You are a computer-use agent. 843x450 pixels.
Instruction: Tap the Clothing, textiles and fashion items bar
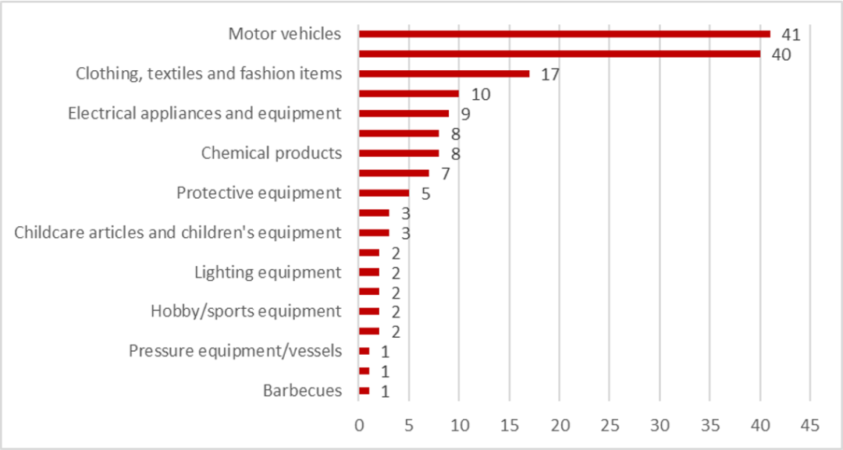coord(444,74)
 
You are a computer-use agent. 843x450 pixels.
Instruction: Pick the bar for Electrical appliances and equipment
coord(404,114)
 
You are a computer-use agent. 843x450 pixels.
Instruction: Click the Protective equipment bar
coord(384,193)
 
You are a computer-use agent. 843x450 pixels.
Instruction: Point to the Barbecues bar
coord(365,391)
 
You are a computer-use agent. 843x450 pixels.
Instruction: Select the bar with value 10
coord(409,94)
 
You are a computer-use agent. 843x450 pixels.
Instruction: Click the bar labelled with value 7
coord(394,173)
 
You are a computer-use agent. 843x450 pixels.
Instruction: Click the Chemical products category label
coord(272,153)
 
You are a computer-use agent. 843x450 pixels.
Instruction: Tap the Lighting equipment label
coord(268,272)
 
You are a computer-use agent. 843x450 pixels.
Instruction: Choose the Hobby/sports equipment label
coord(246,312)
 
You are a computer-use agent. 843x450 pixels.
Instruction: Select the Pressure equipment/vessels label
coord(235,351)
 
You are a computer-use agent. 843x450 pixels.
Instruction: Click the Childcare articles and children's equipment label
coord(178,232)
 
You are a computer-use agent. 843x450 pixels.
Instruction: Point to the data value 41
coord(791,34)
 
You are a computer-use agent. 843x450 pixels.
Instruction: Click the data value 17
coord(550,75)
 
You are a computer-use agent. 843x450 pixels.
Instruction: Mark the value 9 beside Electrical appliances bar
coord(465,115)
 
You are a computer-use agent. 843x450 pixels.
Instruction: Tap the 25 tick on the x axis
coord(610,426)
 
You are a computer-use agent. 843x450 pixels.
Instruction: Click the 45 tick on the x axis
coord(809,426)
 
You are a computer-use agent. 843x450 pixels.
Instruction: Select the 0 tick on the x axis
coord(359,426)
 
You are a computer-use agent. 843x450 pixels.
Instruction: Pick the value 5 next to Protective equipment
coord(425,193)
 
